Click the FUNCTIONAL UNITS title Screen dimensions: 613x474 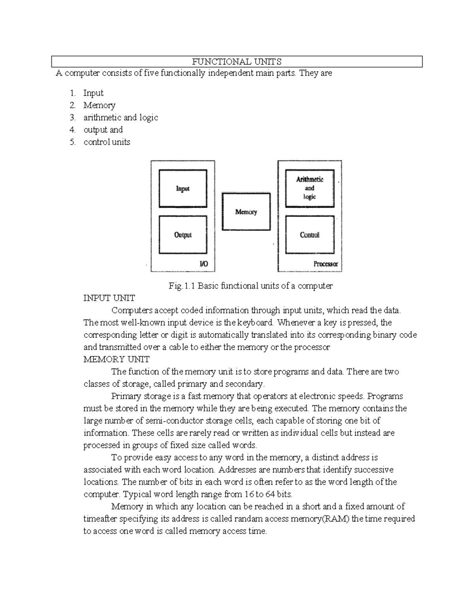(x=237, y=62)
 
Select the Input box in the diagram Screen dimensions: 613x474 (x=182, y=189)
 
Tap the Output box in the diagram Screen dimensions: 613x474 (x=182, y=235)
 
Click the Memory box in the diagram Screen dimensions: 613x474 (x=246, y=212)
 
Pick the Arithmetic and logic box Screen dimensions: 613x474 (x=310, y=188)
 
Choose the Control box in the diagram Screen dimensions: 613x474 (x=310, y=235)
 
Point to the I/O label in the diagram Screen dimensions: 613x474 (x=203, y=264)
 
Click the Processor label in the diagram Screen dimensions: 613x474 (x=325, y=264)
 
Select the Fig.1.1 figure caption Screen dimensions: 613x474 (x=250, y=286)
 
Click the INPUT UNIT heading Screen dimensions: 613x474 (x=109, y=298)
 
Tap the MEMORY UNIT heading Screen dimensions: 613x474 (x=116, y=359)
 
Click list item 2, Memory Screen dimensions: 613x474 (x=99, y=105)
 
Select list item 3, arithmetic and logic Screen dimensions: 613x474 (x=120, y=118)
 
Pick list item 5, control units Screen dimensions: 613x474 (x=107, y=142)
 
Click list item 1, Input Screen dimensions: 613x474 (x=93, y=93)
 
